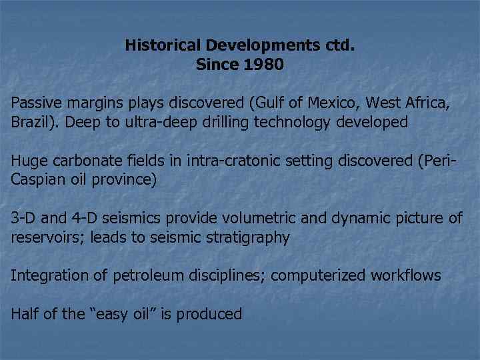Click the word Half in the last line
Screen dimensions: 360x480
pos(25,314)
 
